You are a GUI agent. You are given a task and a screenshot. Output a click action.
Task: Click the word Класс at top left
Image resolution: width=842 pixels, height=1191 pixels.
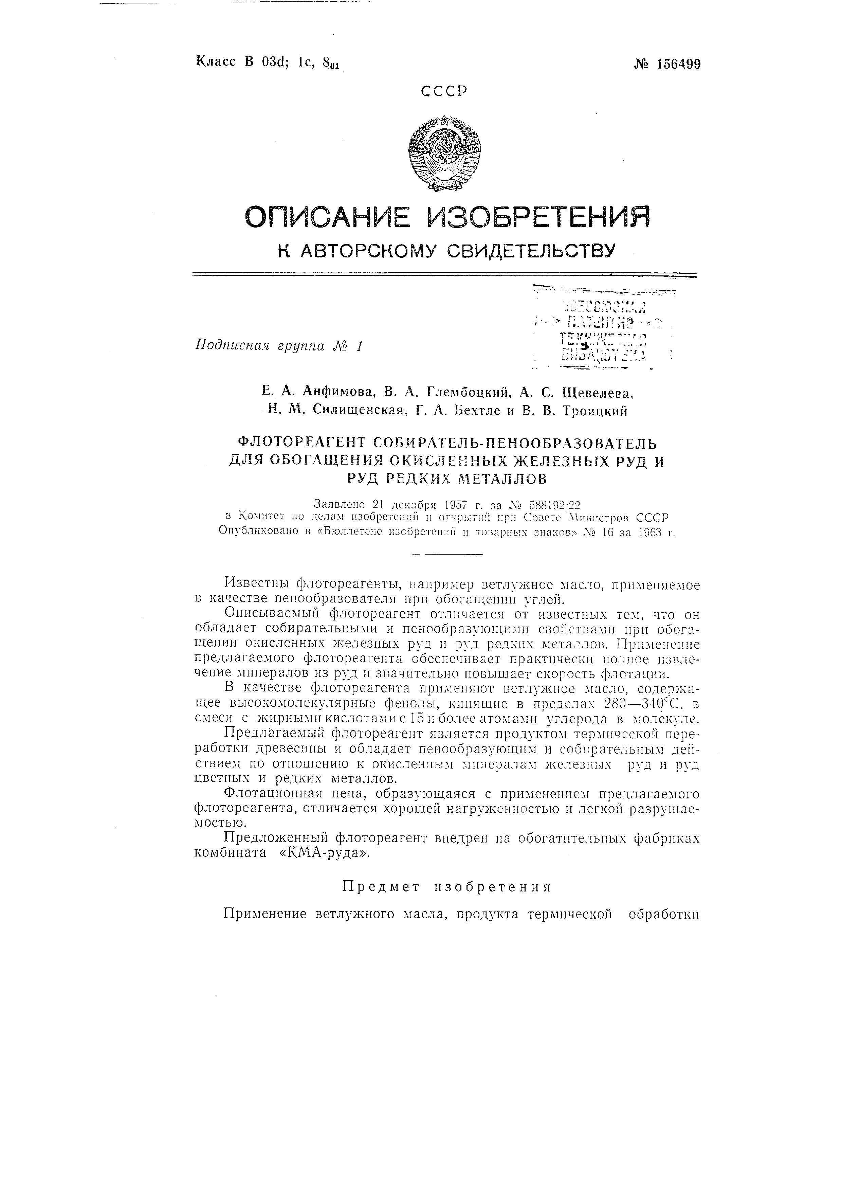tap(215, 62)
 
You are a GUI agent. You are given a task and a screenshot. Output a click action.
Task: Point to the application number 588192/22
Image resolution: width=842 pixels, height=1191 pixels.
tap(552, 504)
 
